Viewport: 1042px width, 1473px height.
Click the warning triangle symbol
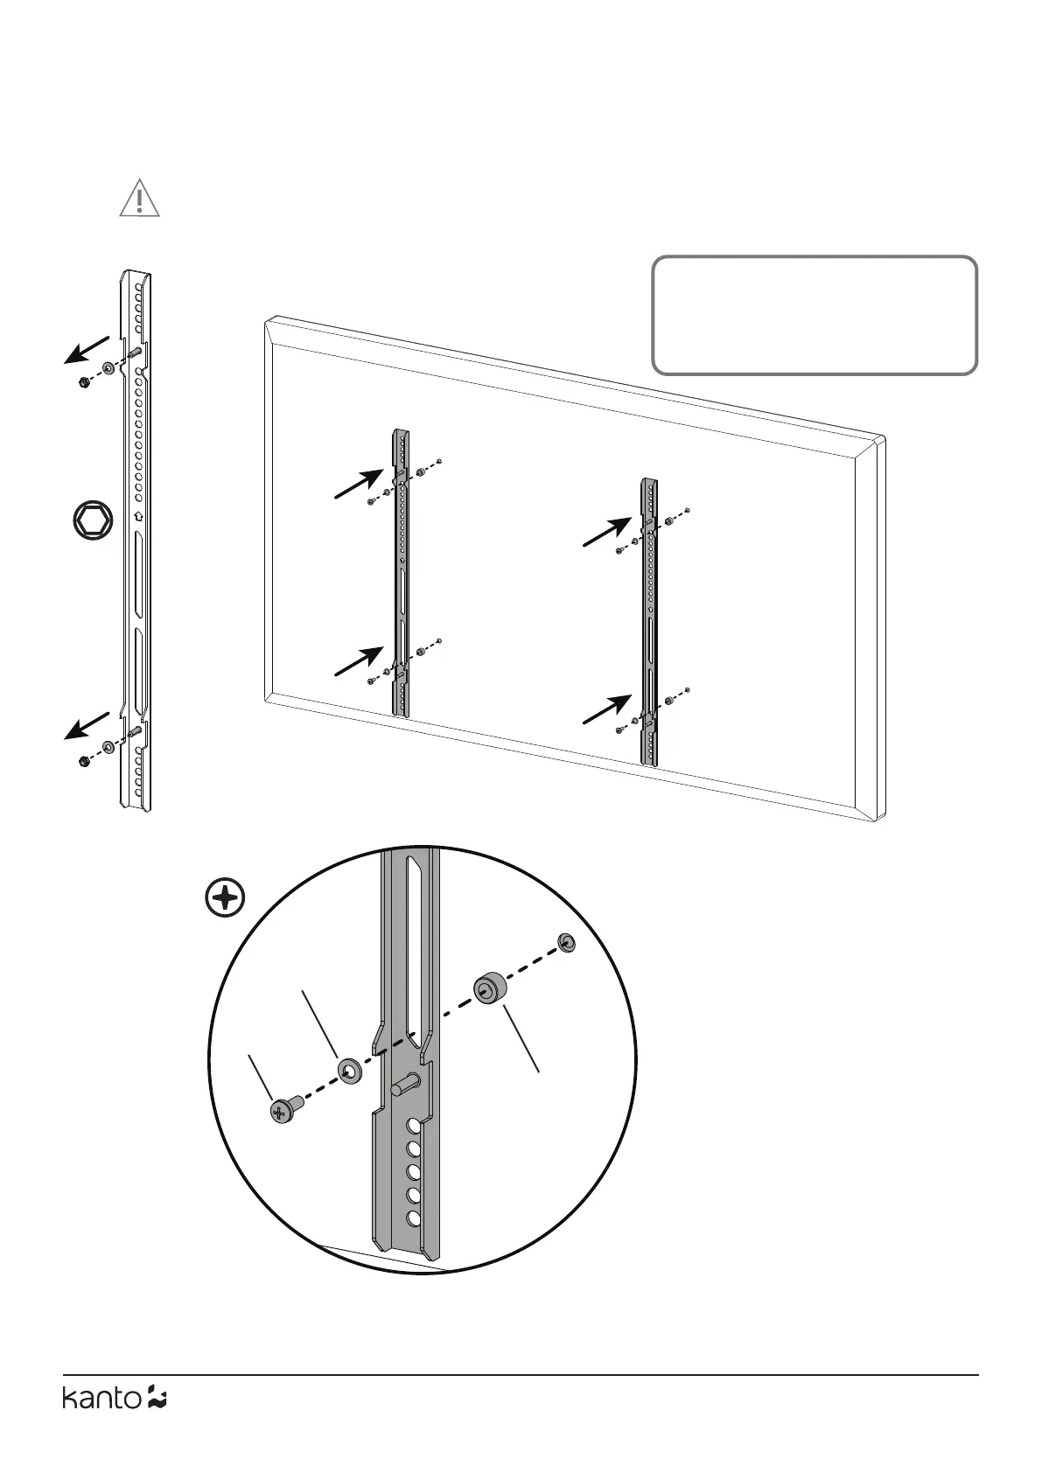(x=139, y=199)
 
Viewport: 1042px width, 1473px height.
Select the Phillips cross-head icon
(x=225, y=898)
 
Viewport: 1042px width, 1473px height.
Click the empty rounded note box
(x=815, y=316)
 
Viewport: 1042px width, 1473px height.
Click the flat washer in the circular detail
(x=349, y=1070)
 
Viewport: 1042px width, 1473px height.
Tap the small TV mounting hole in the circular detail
(x=567, y=942)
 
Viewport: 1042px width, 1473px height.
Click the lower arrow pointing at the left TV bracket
(x=360, y=661)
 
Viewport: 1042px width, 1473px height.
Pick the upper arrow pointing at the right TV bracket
(x=607, y=532)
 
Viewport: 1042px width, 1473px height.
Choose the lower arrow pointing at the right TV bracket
(x=607, y=709)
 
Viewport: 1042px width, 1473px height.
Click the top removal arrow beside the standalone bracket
(x=86, y=349)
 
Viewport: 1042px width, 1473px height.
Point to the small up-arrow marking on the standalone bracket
(x=137, y=516)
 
